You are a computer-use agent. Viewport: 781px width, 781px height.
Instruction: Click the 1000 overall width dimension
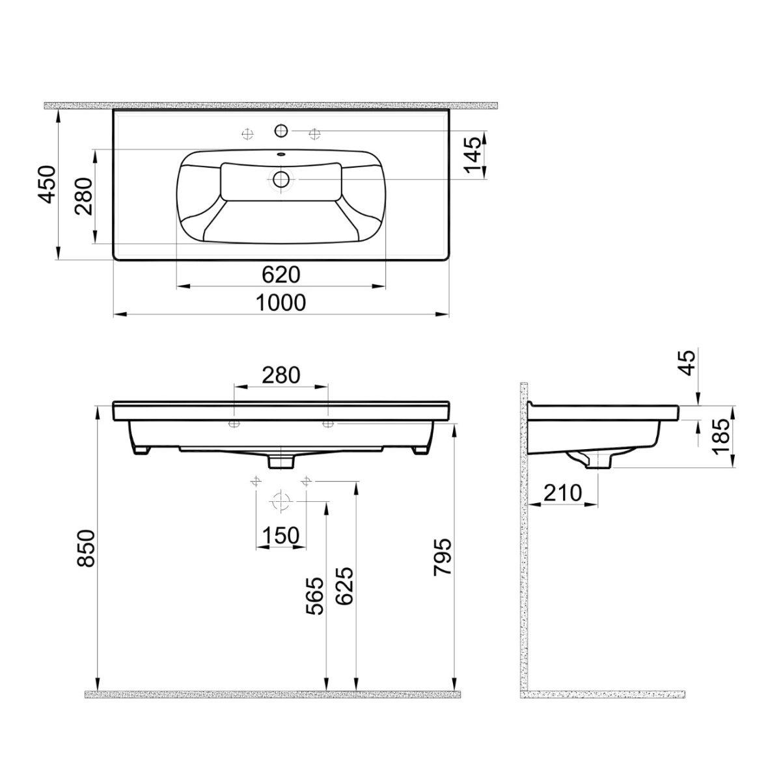pyautogui.click(x=281, y=303)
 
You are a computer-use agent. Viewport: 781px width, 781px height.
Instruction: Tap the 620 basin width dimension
pyautogui.click(x=281, y=275)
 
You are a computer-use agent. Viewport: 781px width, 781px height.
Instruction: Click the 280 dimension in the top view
pyautogui.click(x=84, y=196)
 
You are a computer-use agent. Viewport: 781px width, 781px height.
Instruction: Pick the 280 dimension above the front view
pyautogui.click(x=281, y=375)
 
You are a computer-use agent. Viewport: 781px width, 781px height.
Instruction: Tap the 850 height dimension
pyautogui.click(x=86, y=549)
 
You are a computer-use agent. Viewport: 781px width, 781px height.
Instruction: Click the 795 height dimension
pyautogui.click(x=442, y=556)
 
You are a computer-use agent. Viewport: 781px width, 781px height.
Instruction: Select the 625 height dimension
pyautogui.click(x=345, y=586)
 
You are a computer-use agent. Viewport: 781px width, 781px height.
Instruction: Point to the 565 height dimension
pyautogui.click(x=315, y=596)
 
